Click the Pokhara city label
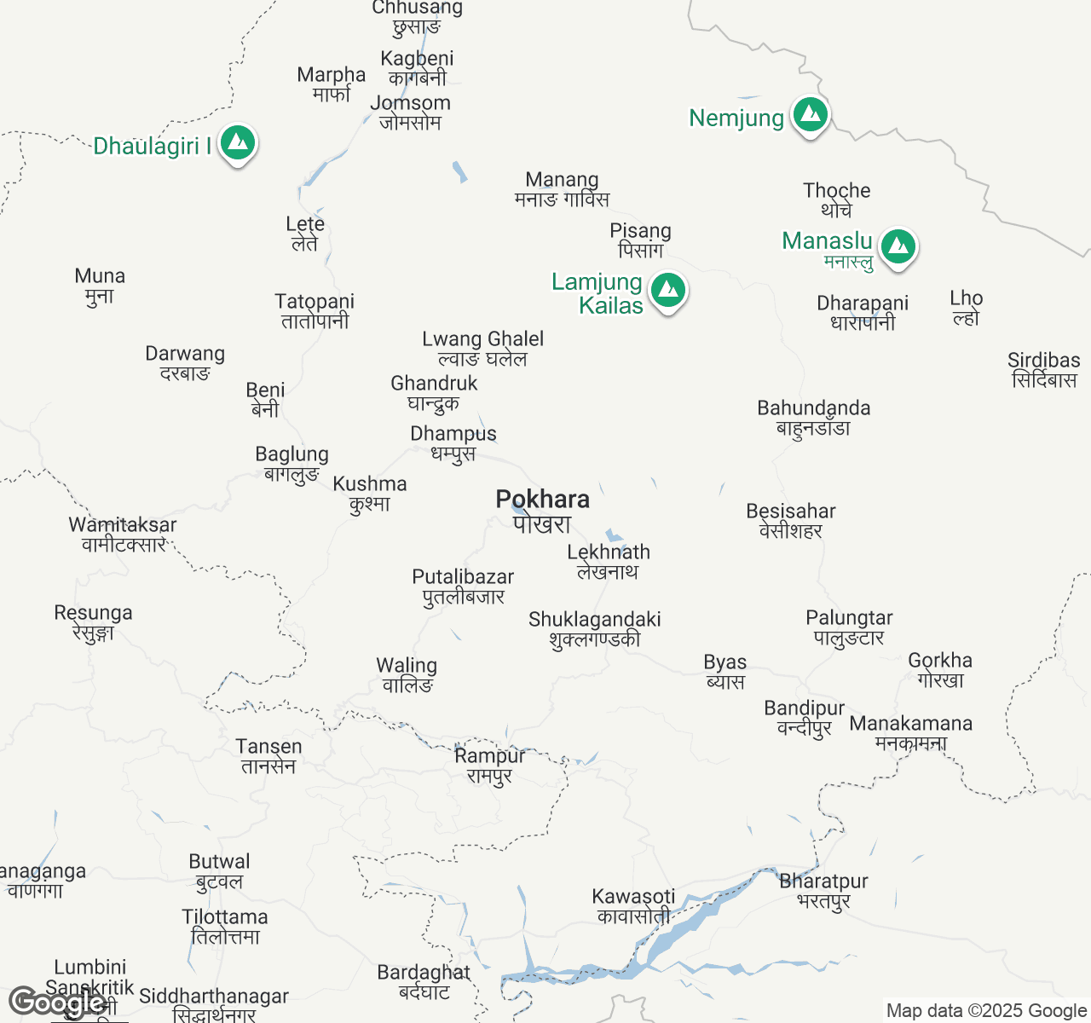coord(543,510)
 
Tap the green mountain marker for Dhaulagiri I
coord(238,143)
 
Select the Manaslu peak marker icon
coord(898,246)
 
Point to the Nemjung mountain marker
coord(810,114)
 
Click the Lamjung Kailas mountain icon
coord(668,291)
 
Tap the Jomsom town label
coord(410,112)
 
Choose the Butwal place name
coord(219,870)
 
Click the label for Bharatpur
coord(823,890)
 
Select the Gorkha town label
coord(940,669)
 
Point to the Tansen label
coord(268,755)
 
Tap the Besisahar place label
coord(791,520)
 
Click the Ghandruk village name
coord(434,392)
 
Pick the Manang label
coord(562,188)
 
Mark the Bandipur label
coord(804,717)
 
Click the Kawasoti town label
coord(633,905)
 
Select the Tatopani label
coord(315,310)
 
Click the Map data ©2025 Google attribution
coord(986,1011)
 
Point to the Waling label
coord(407,674)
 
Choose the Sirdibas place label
coord(1043,369)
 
